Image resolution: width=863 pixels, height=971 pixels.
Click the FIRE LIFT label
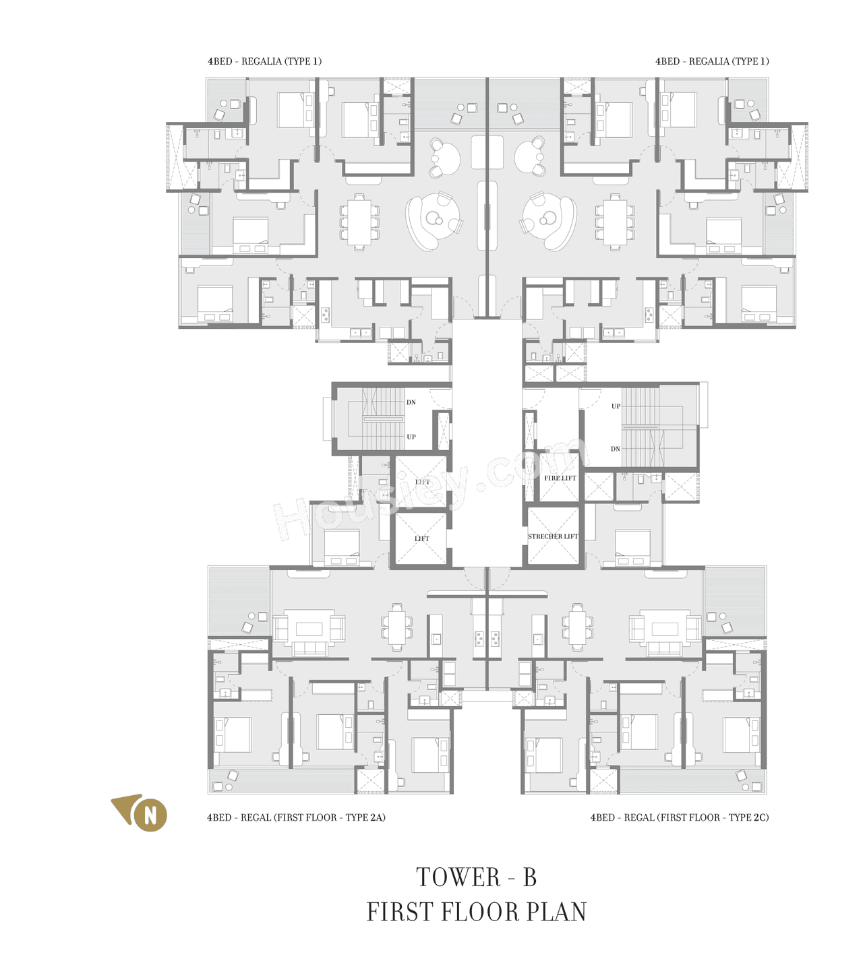(x=560, y=478)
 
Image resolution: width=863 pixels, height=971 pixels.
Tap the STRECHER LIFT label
(x=553, y=536)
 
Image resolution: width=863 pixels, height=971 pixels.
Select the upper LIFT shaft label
(x=423, y=482)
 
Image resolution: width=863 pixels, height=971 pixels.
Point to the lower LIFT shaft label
(x=422, y=538)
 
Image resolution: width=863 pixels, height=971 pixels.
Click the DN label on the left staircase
(x=411, y=402)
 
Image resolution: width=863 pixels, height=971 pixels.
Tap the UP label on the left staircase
(x=411, y=437)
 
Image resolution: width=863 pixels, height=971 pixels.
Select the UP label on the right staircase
(x=616, y=406)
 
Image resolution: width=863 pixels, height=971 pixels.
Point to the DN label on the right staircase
(x=615, y=449)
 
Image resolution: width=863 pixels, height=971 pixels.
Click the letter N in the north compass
(x=150, y=815)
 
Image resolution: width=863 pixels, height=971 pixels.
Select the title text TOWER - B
(x=476, y=877)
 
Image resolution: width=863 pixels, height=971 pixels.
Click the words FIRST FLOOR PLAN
(x=476, y=912)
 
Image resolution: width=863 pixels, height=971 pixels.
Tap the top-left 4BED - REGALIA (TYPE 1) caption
(x=264, y=61)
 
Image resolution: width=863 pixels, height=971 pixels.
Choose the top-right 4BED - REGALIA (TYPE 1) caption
(x=712, y=61)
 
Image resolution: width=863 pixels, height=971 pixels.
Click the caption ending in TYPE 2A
(x=296, y=817)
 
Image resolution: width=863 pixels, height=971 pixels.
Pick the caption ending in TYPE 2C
(x=679, y=817)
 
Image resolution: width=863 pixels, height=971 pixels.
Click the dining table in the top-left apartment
(x=359, y=222)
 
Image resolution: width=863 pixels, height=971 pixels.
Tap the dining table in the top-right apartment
(x=615, y=222)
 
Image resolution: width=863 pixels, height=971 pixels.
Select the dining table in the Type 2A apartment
(x=397, y=627)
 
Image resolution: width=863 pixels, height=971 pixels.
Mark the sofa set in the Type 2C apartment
(x=665, y=632)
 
